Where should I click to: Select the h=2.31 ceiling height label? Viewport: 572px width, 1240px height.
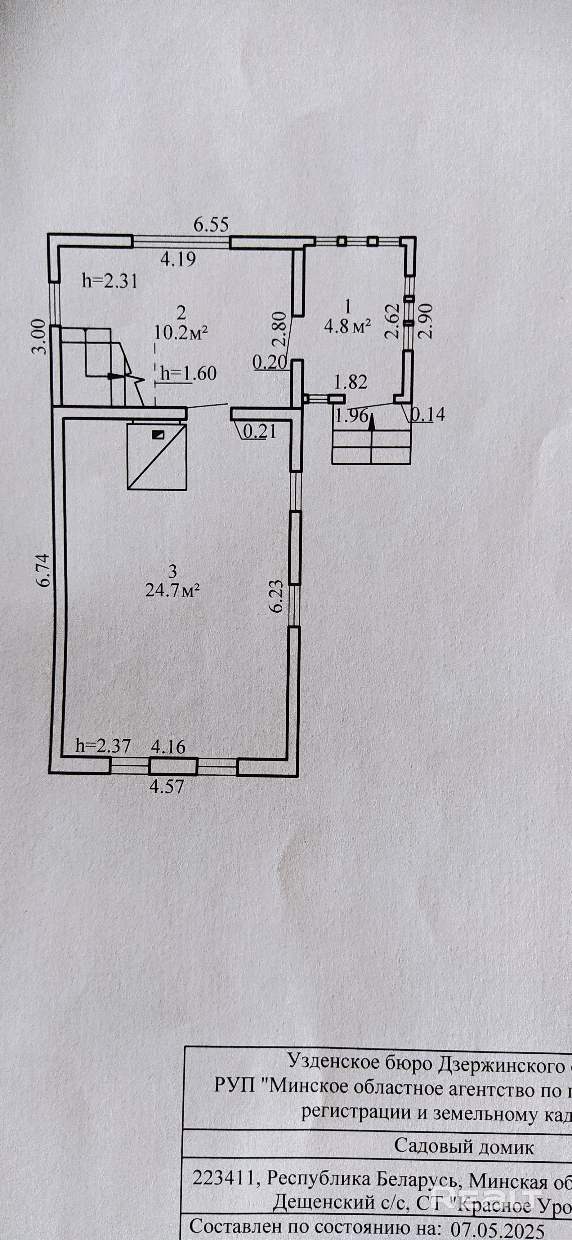click(x=110, y=281)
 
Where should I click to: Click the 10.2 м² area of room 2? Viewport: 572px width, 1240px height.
click(x=181, y=332)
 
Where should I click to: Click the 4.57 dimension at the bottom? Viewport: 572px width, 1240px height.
click(x=167, y=787)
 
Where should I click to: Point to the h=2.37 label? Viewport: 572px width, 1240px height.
click(x=104, y=746)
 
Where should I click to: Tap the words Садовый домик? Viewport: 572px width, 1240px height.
click(x=464, y=1147)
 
